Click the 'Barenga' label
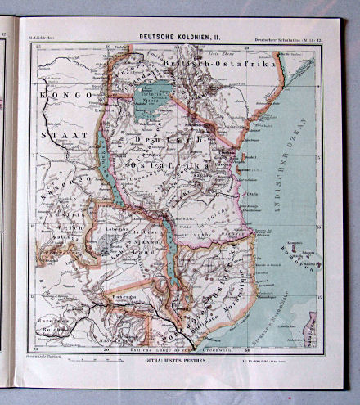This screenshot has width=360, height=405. (x=112, y=300)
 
